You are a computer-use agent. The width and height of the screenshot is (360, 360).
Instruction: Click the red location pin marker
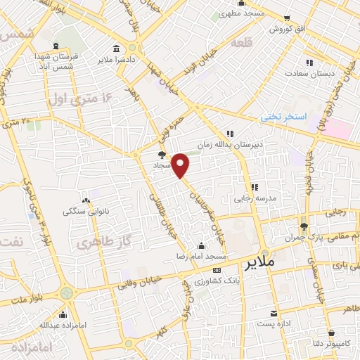[x=181, y=166]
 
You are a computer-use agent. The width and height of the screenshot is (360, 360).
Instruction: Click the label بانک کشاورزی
[x=216, y=280]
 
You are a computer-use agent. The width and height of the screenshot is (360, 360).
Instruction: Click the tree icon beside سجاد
[x=162, y=155]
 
